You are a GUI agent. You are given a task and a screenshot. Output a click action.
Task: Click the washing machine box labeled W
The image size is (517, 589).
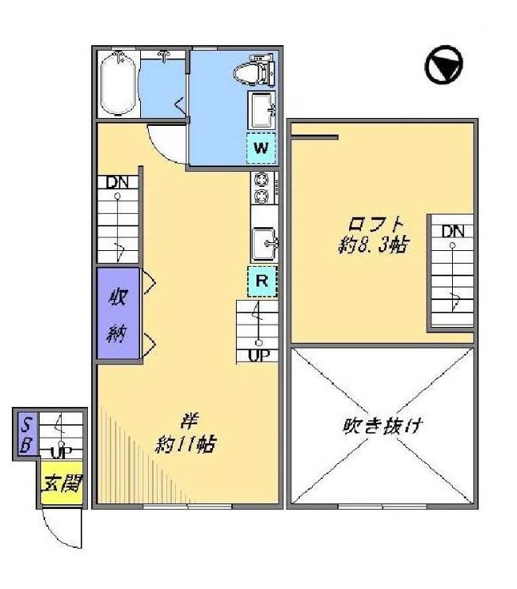point(262,148)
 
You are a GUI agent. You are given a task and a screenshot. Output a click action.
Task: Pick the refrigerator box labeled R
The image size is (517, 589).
point(263,280)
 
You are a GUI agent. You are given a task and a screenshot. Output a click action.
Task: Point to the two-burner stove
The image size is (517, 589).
point(261,188)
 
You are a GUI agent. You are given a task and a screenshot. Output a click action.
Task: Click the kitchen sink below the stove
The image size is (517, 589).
point(263,242)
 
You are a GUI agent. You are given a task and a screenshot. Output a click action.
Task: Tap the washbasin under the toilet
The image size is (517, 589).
point(262,110)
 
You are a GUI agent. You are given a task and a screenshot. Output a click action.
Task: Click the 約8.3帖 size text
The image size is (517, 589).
point(369,245)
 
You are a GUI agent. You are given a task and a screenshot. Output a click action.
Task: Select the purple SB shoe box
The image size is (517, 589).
point(25,434)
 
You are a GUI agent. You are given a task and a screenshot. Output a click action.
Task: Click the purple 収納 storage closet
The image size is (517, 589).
point(118,314)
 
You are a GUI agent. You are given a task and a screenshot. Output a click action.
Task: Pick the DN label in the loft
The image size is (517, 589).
point(452,231)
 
